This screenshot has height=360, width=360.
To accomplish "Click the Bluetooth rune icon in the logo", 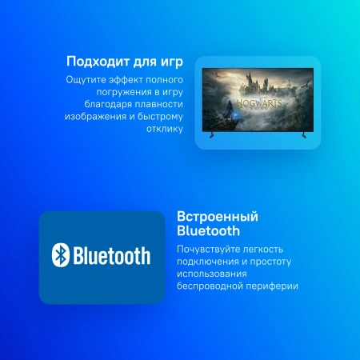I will [58, 256].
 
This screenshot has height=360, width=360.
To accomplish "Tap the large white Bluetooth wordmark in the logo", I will [112, 256].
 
